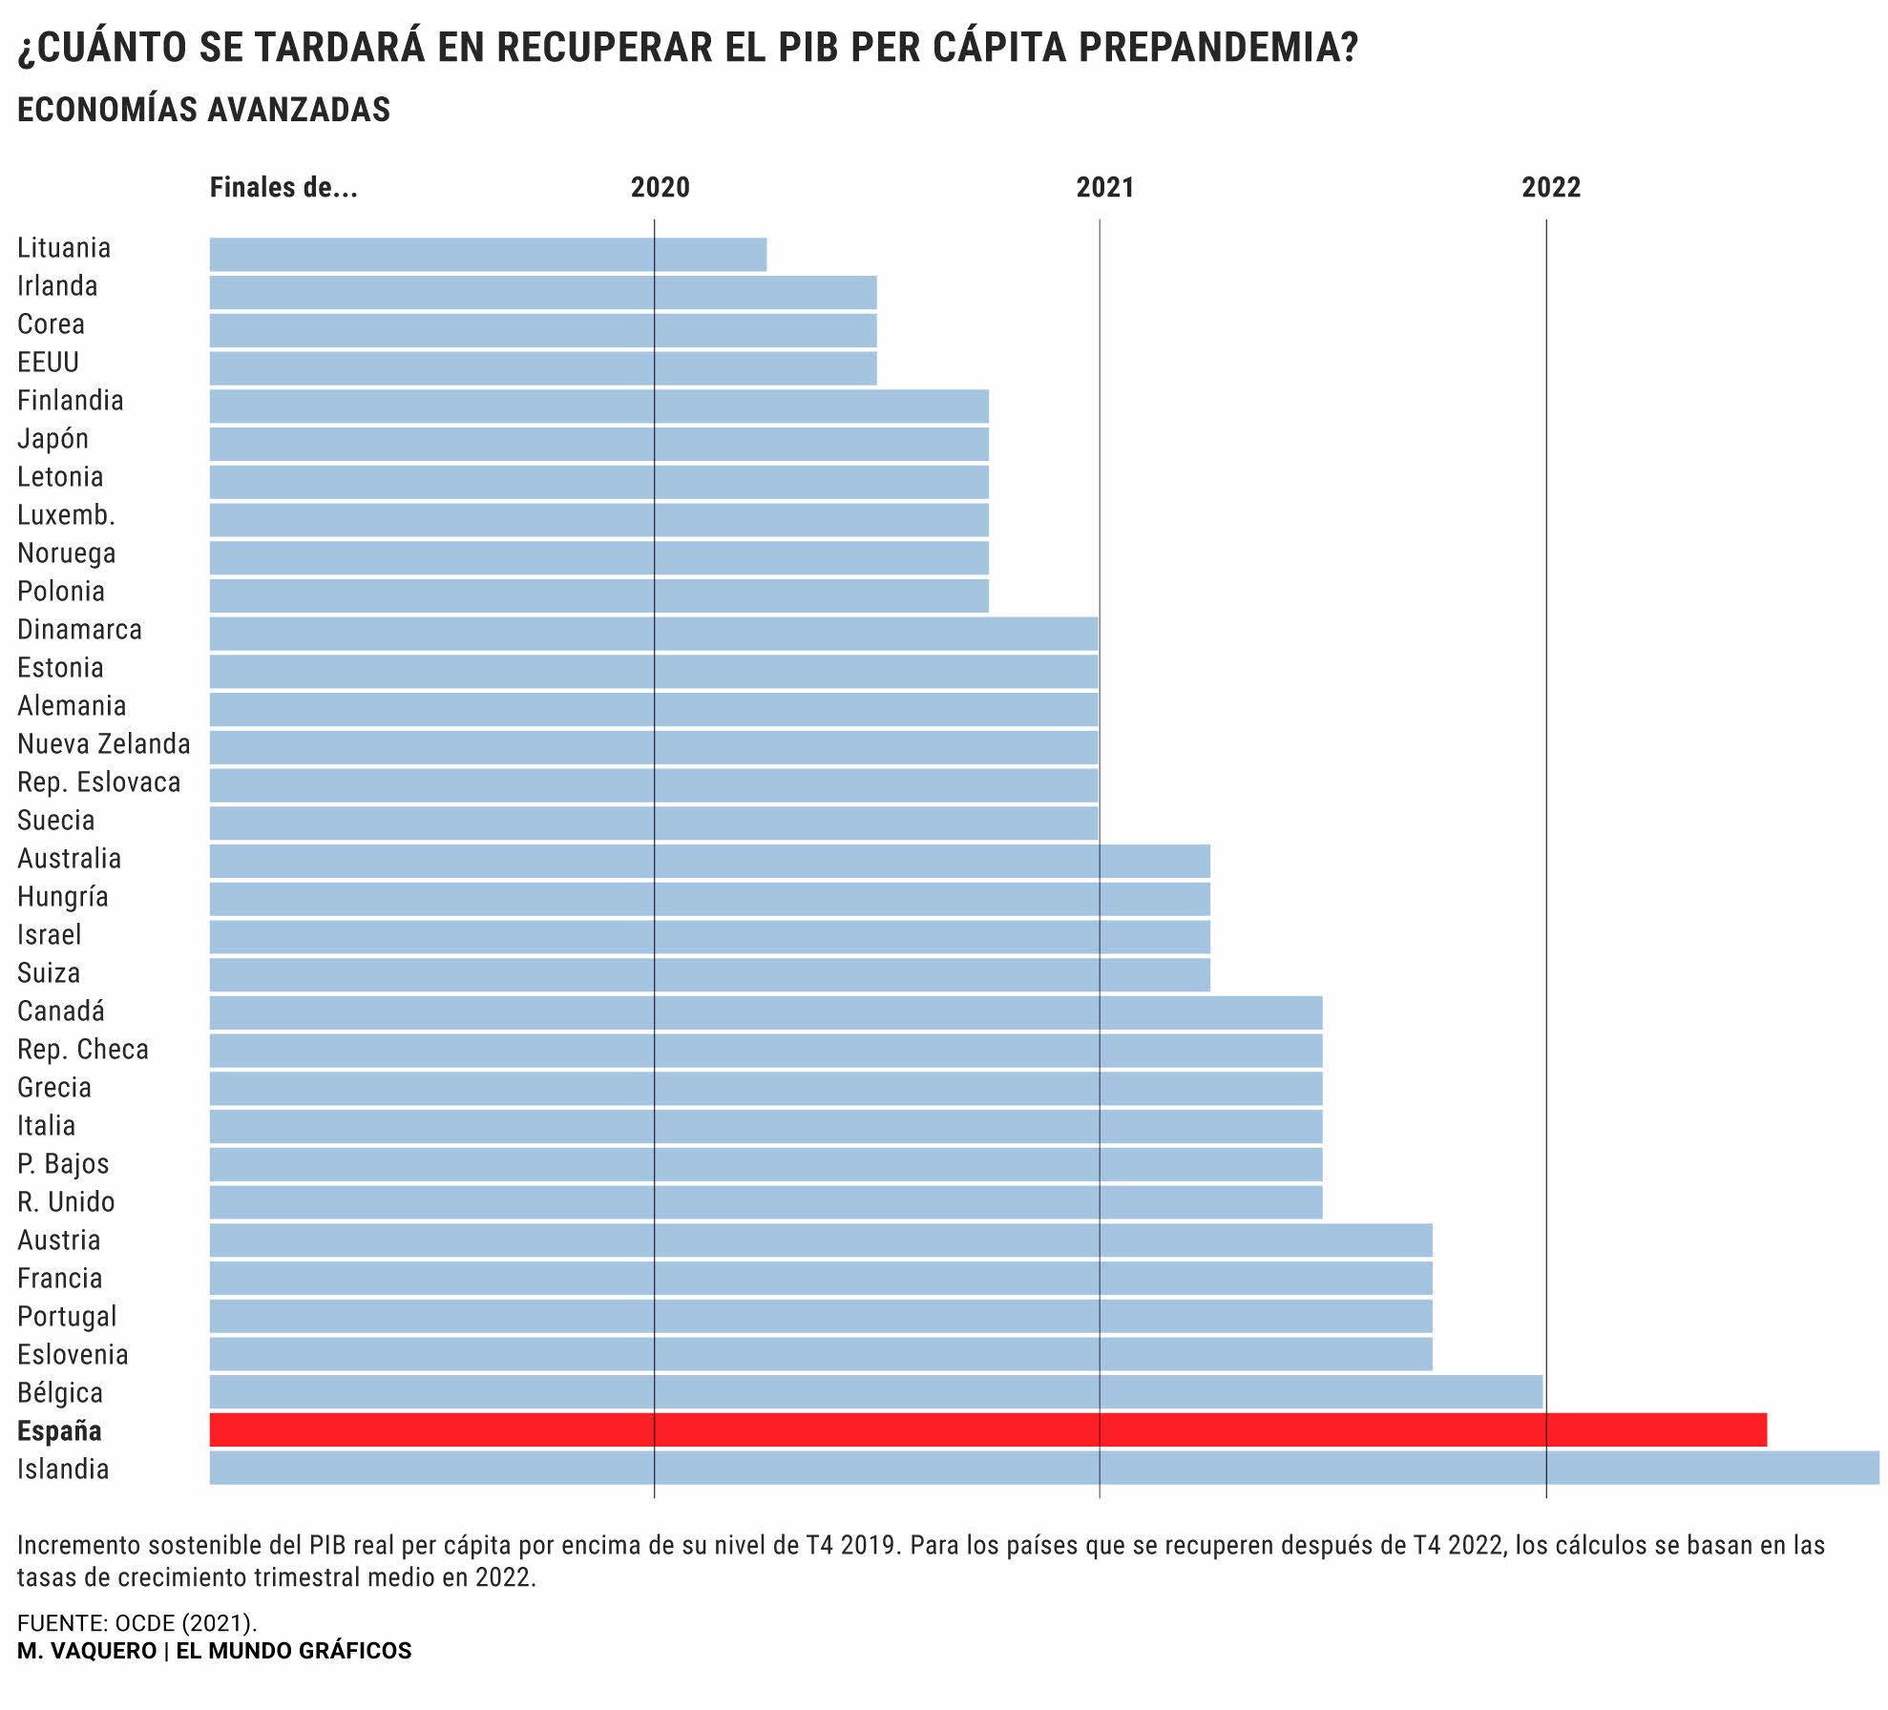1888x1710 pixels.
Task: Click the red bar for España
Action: [x=988, y=1429]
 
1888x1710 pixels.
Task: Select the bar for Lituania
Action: [x=488, y=255]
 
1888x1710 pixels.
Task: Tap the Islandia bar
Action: [x=1044, y=1468]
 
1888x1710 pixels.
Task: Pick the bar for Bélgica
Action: [x=875, y=1391]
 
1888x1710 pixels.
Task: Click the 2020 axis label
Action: [x=660, y=187]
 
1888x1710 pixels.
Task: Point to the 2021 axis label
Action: [x=1105, y=187]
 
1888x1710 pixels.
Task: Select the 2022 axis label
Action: [x=1551, y=187]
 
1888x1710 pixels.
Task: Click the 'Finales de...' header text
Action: [x=283, y=187]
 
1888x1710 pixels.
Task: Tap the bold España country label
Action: [x=59, y=1430]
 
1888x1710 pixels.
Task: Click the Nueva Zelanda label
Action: [x=104, y=743]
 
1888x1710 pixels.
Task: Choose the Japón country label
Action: [x=53, y=439]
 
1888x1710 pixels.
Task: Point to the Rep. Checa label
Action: [x=83, y=1049]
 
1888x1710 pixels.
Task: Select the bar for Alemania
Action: [x=654, y=709]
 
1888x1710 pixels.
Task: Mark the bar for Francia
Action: [x=821, y=1278]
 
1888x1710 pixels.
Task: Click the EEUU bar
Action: [x=543, y=368]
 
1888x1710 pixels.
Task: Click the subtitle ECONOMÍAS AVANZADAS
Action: [x=204, y=110]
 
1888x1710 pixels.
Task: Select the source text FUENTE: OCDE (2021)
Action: [x=137, y=1622]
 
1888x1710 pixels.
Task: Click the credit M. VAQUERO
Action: [x=87, y=1651]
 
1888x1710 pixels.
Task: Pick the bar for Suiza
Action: [x=709, y=974]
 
